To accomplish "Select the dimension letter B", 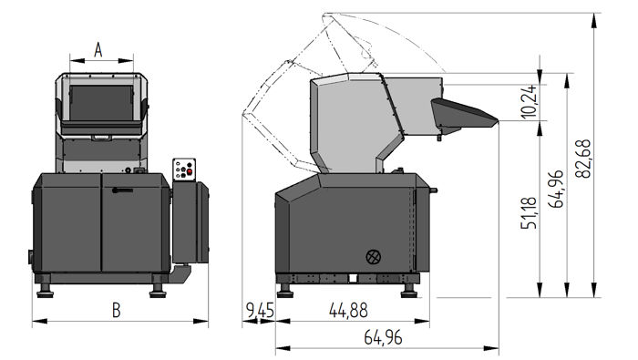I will [116, 310].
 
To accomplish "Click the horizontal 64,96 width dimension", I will [383, 338].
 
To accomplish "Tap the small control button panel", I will [185, 170].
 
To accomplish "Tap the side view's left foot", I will [284, 289].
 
